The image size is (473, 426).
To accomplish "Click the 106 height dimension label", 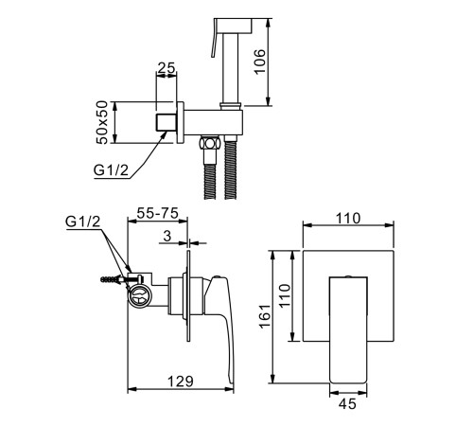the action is click(x=260, y=62).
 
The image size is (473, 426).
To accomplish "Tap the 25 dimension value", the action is click(x=166, y=67).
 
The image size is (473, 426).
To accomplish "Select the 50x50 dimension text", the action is click(x=102, y=122).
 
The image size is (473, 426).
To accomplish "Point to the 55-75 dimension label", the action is click(x=158, y=213).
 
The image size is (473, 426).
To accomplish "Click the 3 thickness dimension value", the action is click(x=167, y=236).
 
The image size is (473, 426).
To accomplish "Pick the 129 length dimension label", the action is click(x=180, y=382).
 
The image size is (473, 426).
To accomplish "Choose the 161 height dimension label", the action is click(x=265, y=316).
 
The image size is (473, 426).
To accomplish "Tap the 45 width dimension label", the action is click(x=348, y=404).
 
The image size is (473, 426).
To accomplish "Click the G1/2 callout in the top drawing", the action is click(x=111, y=170).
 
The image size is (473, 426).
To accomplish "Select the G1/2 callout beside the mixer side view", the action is click(x=83, y=222).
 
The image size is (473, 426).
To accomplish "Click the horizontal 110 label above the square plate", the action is click(x=347, y=219).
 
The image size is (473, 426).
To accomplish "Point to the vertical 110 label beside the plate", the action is click(x=285, y=295).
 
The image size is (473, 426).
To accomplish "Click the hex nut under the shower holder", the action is click(x=209, y=144).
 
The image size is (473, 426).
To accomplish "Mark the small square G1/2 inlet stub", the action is click(x=166, y=122).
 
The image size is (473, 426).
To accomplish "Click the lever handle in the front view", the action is click(x=348, y=330).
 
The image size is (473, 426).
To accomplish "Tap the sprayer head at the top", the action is click(x=233, y=26).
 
